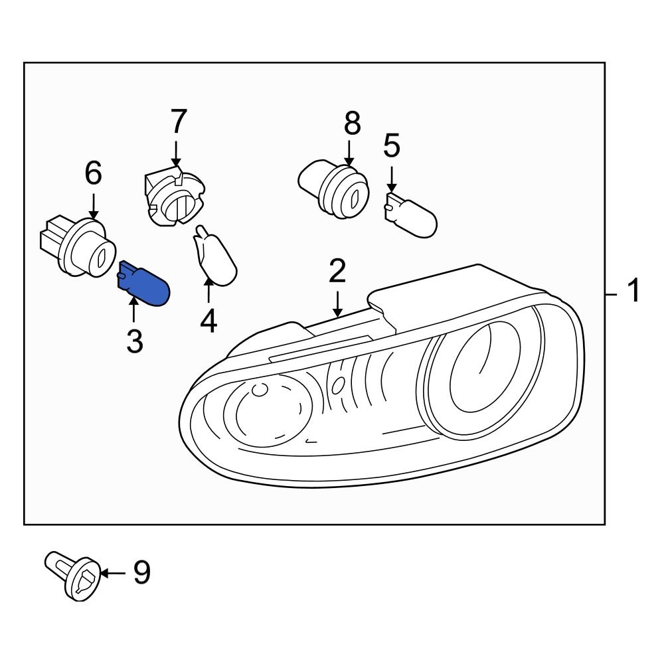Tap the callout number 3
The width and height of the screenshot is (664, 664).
[x=134, y=341]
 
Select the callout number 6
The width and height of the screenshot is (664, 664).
[x=93, y=174]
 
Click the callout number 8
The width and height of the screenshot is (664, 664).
[x=351, y=124]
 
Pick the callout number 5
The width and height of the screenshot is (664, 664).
[x=392, y=146]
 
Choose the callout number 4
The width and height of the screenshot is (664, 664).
[x=208, y=321]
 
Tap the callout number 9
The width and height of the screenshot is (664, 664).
[x=141, y=572]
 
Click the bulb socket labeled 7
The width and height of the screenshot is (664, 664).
[x=173, y=199]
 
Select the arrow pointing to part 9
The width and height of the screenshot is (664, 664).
[x=113, y=572]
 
